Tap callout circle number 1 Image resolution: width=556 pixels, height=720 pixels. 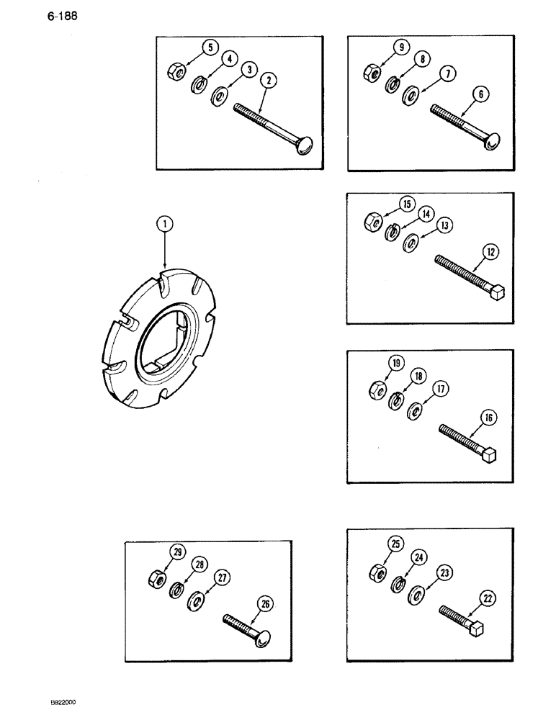pos(165,225)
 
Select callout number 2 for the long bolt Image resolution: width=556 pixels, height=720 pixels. pos(268,81)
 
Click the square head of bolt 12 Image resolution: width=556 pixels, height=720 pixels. pos(496,293)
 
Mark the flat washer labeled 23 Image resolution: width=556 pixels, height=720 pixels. pos(416,595)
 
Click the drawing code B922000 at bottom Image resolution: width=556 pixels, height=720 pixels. pos(63,703)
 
